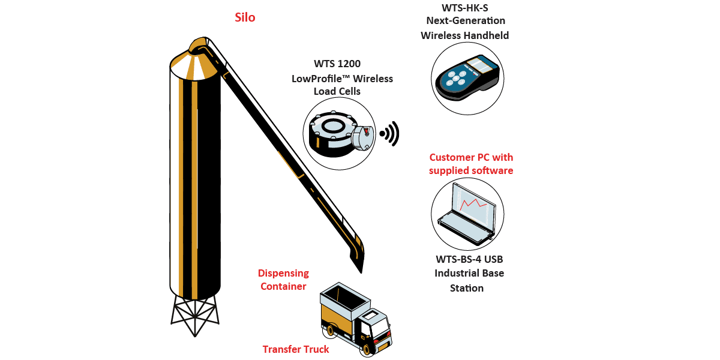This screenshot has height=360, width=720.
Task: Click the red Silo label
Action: pos(245,17)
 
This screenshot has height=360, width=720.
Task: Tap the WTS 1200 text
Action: pos(337,64)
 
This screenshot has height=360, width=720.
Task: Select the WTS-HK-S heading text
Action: pos(465,8)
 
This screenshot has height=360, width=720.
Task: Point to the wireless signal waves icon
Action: pos(390,134)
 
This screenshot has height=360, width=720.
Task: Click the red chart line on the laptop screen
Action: pos(473,205)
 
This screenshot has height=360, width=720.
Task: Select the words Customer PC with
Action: pos(471,157)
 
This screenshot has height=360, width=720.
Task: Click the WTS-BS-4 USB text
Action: pos(469,259)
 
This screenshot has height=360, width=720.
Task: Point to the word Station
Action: pos(467,288)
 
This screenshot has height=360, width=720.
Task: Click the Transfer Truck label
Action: pos(296,349)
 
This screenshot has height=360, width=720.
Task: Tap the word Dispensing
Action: pos(283,273)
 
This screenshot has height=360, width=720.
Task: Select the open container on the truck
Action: pos(344,298)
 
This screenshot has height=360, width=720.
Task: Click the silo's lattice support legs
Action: pos(195,315)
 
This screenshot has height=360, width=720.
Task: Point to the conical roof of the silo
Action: pos(194,65)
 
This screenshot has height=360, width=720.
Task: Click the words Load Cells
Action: pos(337,91)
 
